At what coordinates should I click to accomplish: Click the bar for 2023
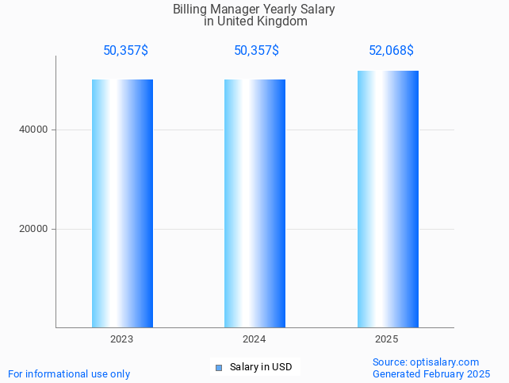[122, 203]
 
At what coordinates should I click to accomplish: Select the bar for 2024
[254, 203]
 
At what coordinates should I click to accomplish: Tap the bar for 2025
[388, 199]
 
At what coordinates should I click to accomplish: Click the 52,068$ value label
[391, 51]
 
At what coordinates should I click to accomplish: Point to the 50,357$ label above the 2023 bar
[125, 51]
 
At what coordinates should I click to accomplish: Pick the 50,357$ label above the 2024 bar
[256, 51]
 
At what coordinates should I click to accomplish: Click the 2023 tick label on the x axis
[122, 339]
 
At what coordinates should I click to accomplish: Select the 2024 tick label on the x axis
[254, 339]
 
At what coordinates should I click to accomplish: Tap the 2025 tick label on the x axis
[387, 339]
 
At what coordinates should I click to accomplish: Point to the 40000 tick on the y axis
[33, 130]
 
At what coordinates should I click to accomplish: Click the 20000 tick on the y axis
[33, 229]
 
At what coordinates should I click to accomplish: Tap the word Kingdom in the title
[281, 21]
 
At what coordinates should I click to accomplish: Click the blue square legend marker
[219, 367]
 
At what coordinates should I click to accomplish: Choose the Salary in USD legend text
[261, 367]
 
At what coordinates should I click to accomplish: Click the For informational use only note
[69, 373]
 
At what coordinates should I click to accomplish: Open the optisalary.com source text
[445, 362]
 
